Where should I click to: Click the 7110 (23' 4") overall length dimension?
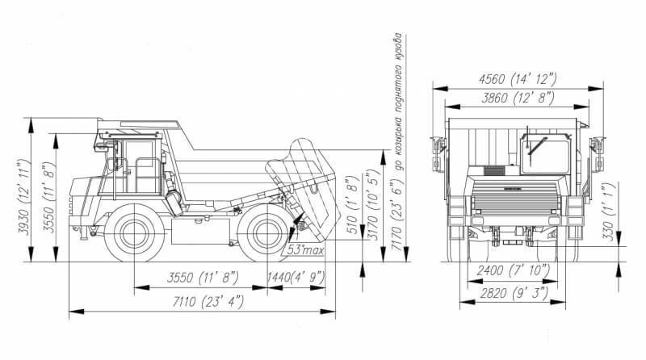(208, 302)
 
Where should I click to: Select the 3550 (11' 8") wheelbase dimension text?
(203, 278)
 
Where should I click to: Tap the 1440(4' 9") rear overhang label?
(296, 278)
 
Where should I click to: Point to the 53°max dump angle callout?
(305, 249)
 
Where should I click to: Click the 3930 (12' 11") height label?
(24, 197)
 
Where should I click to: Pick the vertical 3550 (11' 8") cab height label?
(48, 198)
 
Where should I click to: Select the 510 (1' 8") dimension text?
(354, 206)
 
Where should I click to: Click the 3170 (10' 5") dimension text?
(373, 205)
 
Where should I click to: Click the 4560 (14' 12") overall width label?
(518, 78)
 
